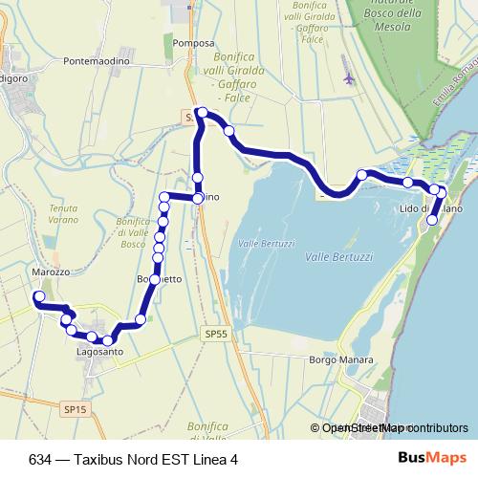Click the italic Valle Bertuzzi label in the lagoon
(337, 258)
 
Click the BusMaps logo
(425, 459)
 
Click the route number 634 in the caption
(41, 459)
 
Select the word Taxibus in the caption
(107, 459)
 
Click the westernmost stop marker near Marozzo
(39, 298)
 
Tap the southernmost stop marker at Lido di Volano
(432, 220)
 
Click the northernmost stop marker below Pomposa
(202, 113)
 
